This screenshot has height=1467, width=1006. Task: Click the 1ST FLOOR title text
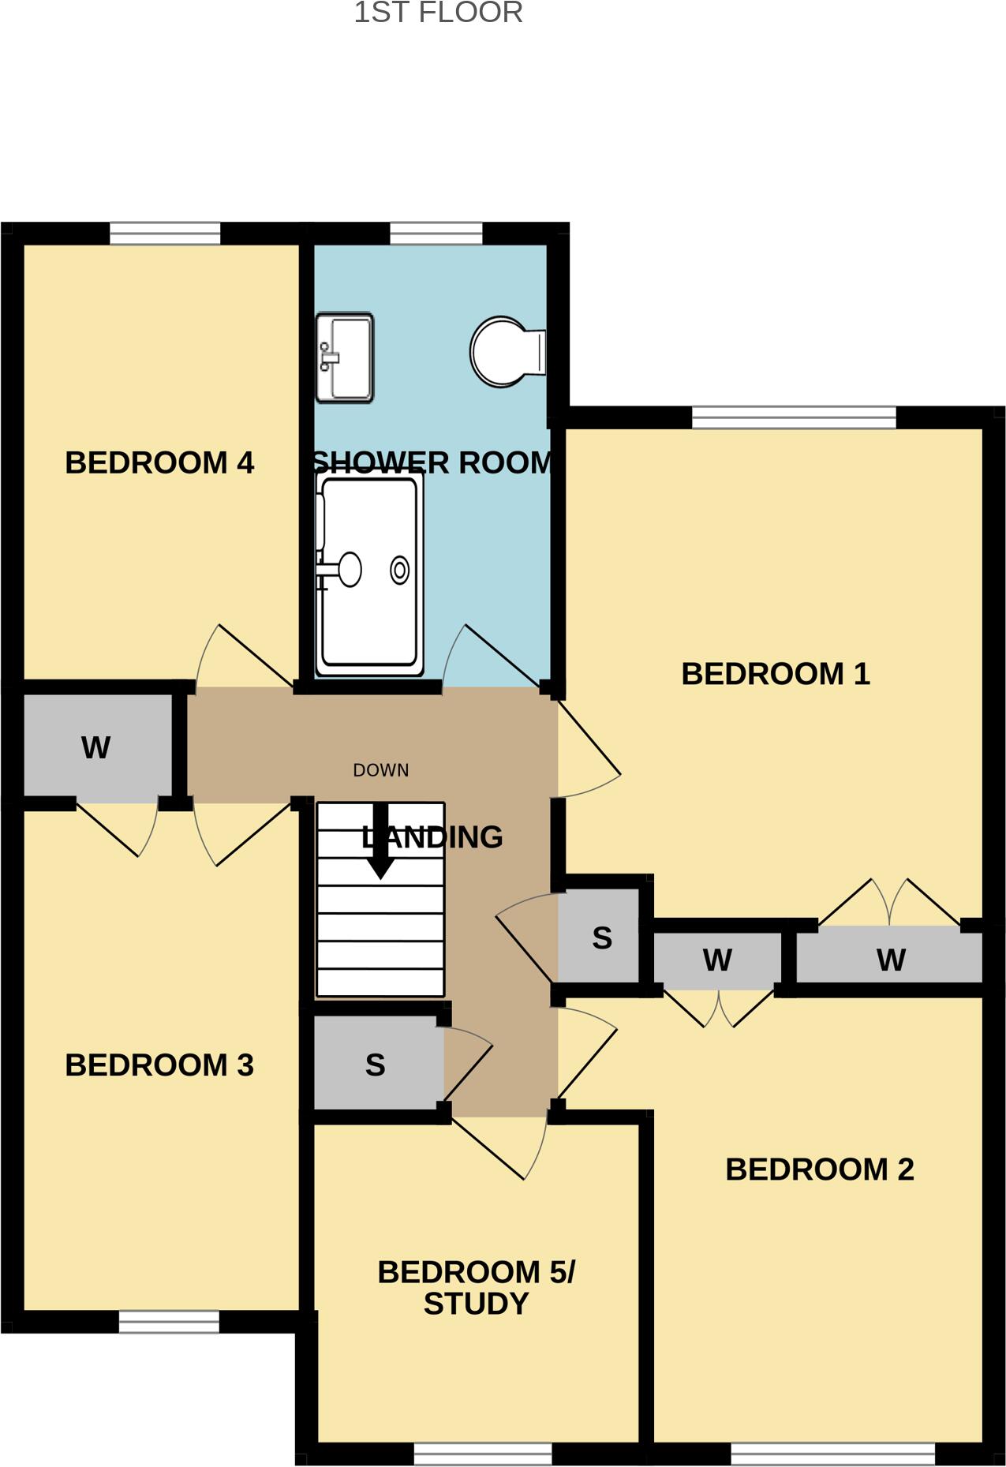coord(438,13)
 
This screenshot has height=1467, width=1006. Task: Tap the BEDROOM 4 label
coord(159,463)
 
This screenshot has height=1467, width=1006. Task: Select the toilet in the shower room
coord(505,352)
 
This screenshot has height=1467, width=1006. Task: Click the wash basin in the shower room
coord(345,357)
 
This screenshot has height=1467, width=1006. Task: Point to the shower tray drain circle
coord(400,570)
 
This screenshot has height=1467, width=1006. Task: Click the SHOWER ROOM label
coord(432,463)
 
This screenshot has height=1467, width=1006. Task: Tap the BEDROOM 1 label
coord(776,675)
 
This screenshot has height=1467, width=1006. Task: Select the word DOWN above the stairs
coord(381,770)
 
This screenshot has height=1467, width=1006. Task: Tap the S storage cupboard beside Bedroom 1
coord(601,938)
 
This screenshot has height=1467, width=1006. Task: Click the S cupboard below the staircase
coord(376,1065)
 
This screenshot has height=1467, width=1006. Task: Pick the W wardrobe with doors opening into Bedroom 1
coord(890,959)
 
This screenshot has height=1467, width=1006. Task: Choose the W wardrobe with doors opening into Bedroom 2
coord(717,960)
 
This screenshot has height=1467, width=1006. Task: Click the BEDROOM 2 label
coord(820,1169)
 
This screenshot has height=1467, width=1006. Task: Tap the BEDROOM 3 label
coord(159,1065)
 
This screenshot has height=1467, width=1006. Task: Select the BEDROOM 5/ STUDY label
coord(476,1288)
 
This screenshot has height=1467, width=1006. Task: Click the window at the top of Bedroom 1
coord(794,417)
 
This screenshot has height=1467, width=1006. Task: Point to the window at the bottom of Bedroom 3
coord(169,1322)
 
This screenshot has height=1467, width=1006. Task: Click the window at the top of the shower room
coord(436,234)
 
